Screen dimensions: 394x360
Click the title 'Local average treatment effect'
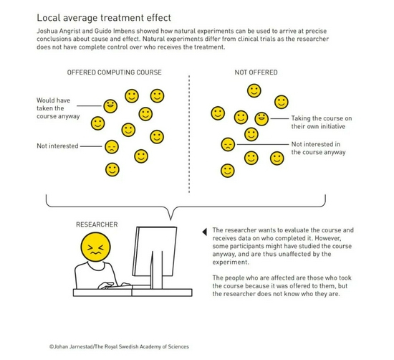tap(104, 18)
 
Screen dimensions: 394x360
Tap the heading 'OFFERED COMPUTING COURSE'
tap(114, 72)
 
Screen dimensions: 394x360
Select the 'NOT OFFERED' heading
tap(256, 72)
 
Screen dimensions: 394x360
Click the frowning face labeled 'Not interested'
tap(112, 147)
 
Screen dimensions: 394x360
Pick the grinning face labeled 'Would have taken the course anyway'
tap(110, 106)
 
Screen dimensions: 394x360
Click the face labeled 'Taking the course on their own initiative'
tap(261, 118)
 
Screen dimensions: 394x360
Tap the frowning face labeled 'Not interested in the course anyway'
tap(228, 144)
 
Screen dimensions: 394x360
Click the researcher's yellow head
tap(95, 247)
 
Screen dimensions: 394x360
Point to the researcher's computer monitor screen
tap(154, 251)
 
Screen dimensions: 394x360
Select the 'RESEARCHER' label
tap(97, 224)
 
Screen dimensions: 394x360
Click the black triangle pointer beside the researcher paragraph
tap(205, 232)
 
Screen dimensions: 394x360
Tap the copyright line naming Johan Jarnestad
tap(119, 346)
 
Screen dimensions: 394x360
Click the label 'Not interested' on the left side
tap(57, 146)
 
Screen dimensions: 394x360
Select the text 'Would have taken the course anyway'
tap(58, 108)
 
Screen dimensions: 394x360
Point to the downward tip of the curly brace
tap(171, 219)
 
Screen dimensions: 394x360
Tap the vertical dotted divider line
tap(189, 134)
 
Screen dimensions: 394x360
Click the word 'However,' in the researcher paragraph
tap(328, 238)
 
